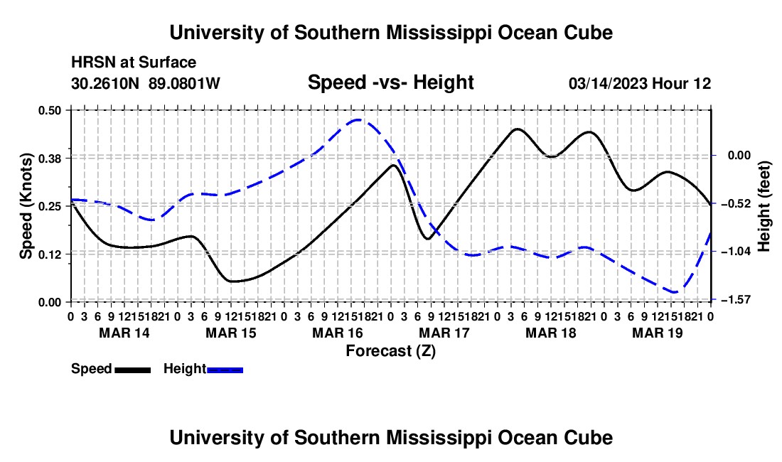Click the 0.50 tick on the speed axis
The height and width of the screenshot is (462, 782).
[x=49, y=110]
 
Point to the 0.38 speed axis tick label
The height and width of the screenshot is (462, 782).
[x=49, y=159]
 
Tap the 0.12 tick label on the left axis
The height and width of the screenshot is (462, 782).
[x=49, y=254]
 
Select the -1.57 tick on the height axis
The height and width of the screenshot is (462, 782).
[x=739, y=299]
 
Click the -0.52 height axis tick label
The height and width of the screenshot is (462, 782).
[x=739, y=203]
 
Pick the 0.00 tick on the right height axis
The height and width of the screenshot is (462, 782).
[x=739, y=156]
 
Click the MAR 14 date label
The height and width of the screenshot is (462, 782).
[x=124, y=333]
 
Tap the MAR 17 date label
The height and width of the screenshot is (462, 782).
[x=444, y=333]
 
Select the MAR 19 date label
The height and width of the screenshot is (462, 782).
[x=658, y=333]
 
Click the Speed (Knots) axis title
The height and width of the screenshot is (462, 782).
[x=26, y=206]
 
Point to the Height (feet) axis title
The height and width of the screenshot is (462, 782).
[x=764, y=206]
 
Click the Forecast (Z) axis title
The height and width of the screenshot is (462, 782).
[x=391, y=351]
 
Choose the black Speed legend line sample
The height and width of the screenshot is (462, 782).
[x=133, y=370]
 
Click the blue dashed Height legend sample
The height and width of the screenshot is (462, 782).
[x=225, y=370]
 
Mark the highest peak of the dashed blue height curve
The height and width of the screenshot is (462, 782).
[x=358, y=119]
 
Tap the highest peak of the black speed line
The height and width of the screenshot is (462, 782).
[x=517, y=129]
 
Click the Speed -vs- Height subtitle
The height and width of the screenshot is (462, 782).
[x=391, y=82]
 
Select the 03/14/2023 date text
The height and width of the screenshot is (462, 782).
[x=606, y=83]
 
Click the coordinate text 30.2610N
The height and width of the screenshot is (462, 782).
[x=105, y=83]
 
